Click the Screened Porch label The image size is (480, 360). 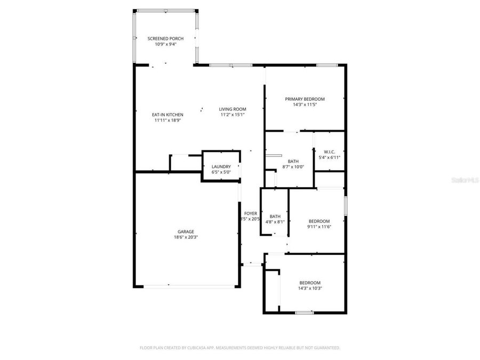166,39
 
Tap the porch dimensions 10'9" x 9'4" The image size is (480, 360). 166,44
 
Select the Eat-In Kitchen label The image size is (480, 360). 167,115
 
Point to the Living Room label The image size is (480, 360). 233,109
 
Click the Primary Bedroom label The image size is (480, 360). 305,99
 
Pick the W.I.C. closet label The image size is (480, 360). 329,152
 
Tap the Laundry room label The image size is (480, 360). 221,166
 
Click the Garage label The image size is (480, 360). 186,231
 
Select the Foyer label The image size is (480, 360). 251,213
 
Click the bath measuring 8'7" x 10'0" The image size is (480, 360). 293,161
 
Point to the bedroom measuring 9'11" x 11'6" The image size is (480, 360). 319,221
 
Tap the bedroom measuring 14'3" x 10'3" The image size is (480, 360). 310,283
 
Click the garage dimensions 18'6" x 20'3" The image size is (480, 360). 186,237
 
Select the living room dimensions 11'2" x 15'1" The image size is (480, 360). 233,115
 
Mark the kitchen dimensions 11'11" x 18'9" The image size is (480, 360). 167,121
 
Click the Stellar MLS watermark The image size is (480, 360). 465,180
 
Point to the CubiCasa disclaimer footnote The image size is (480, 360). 239,348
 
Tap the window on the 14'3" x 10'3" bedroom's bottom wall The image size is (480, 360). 304,313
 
